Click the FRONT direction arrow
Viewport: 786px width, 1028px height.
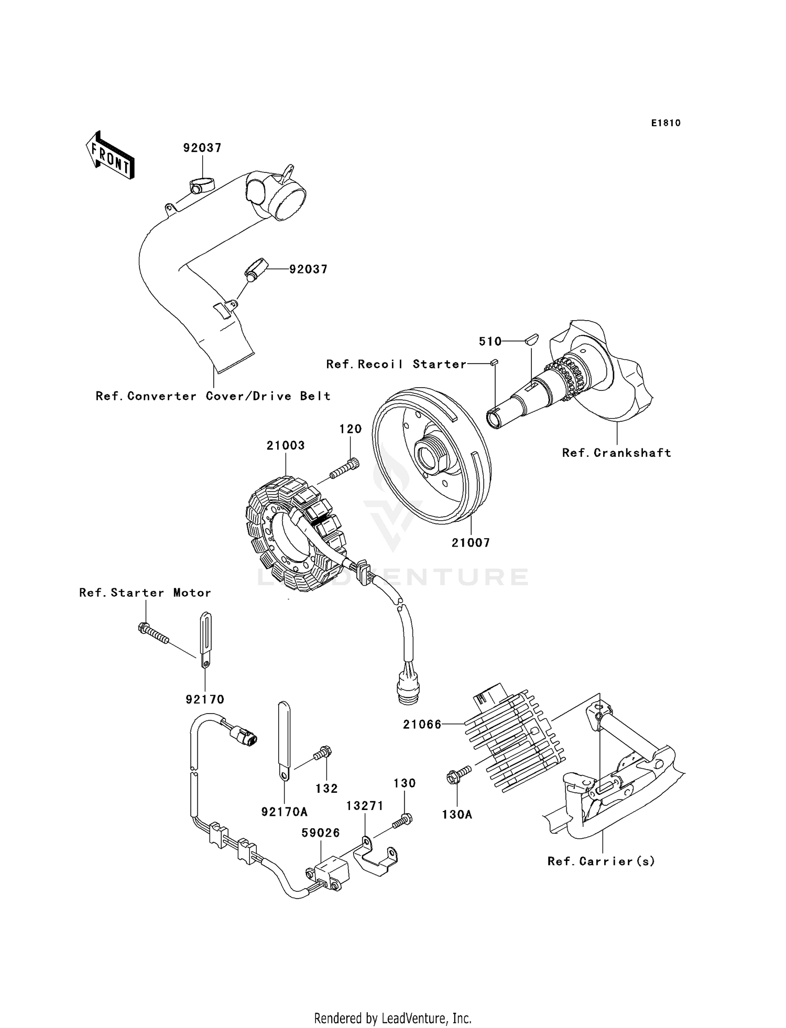110,156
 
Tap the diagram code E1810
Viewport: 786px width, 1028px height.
665,123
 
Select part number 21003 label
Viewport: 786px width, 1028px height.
286,445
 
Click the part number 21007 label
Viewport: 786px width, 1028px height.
471,543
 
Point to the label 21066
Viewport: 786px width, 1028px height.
422,725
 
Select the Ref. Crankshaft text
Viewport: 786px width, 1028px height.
616,453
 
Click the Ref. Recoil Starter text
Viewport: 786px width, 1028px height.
396,364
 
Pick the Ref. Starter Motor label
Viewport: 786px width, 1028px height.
145,593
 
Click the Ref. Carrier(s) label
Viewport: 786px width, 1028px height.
601,861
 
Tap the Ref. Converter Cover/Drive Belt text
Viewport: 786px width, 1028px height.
213,396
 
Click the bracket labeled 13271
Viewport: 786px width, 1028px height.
377,857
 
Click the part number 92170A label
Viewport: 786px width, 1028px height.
284,812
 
